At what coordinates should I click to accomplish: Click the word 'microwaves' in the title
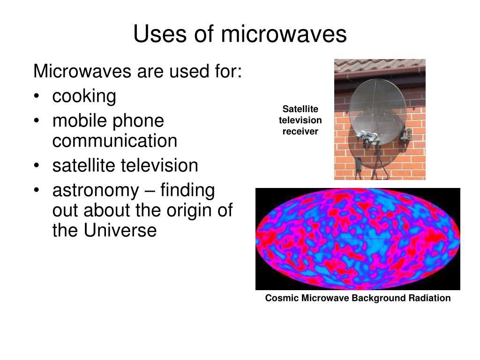point(284,34)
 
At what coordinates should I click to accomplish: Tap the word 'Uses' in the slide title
point(160,33)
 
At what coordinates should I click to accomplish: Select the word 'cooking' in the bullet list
point(84,97)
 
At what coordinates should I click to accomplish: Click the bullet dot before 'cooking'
point(37,96)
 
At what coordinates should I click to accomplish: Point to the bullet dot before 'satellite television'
point(37,165)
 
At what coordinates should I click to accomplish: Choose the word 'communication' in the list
point(115,141)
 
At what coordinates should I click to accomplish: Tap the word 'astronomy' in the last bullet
point(96,191)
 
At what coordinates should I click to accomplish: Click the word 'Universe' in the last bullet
point(120,230)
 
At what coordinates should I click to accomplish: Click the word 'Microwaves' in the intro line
point(82,71)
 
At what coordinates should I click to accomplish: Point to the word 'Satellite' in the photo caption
point(300,109)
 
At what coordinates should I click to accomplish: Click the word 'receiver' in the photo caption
point(300,132)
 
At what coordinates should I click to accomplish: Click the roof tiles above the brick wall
point(380,66)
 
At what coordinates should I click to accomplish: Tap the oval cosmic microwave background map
point(358,239)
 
